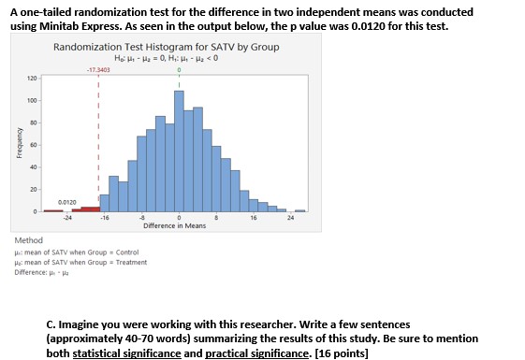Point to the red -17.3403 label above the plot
[x=97, y=70]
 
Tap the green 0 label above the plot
[x=179, y=70]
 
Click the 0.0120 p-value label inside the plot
[x=67, y=201]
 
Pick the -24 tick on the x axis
[x=66, y=218]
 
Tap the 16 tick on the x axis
[x=254, y=218]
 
